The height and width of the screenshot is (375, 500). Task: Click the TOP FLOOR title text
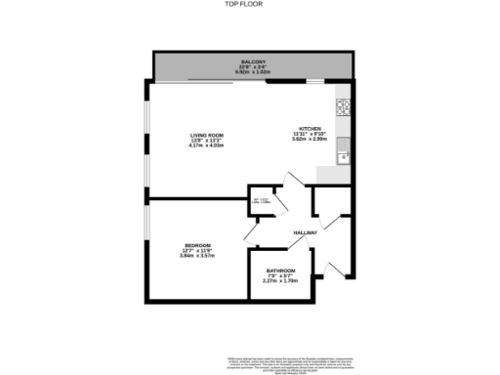(x=249, y=6)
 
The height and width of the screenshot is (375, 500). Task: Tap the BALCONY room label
(x=255, y=62)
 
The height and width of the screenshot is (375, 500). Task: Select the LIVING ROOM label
(x=208, y=136)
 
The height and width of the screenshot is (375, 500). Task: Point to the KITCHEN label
(x=311, y=128)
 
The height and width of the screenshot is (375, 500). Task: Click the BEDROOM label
(x=195, y=245)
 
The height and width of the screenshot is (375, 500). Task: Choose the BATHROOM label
(x=281, y=271)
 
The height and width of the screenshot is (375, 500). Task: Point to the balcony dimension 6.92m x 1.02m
(x=255, y=73)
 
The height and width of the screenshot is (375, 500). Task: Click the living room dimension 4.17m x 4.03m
(x=208, y=147)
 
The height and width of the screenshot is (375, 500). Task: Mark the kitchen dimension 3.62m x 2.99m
(x=311, y=140)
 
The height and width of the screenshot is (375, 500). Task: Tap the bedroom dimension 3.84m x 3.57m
(x=195, y=257)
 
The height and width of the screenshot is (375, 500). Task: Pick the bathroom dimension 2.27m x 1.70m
(x=281, y=282)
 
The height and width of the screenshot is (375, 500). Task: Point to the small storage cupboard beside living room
(x=261, y=200)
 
